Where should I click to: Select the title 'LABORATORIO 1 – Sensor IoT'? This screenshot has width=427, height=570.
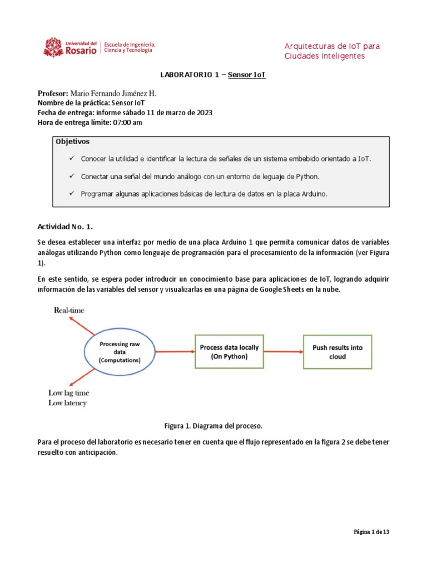point(213,75)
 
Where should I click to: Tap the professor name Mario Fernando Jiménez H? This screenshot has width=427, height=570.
point(117,94)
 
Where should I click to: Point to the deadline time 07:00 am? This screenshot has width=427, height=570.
point(127,122)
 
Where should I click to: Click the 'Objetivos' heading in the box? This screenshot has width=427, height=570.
point(72,142)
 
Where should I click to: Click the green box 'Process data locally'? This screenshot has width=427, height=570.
point(229,352)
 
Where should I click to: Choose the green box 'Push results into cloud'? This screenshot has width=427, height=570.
point(337,352)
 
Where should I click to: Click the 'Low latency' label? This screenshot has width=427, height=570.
point(67,402)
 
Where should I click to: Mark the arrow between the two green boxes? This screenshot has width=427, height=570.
point(283,352)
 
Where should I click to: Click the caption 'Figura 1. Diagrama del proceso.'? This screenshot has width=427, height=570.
point(213,426)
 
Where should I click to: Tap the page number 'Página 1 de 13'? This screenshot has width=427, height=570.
point(372,532)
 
